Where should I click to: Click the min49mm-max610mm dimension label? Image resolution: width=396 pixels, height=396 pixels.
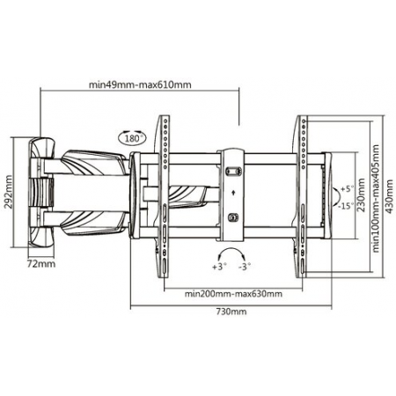[140, 84]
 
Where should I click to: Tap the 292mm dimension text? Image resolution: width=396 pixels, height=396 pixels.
[8, 192]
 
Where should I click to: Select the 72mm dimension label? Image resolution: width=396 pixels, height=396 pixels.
[41, 264]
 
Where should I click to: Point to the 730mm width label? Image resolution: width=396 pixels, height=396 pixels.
[231, 312]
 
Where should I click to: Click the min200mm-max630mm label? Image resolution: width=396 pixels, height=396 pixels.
[233, 294]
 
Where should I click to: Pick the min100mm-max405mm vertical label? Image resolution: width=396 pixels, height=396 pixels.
[376, 198]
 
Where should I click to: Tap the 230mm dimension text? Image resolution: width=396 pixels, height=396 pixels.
[362, 195]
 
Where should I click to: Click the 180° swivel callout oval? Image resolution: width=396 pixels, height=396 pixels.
[133, 138]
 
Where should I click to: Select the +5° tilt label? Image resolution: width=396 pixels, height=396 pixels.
[348, 188]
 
